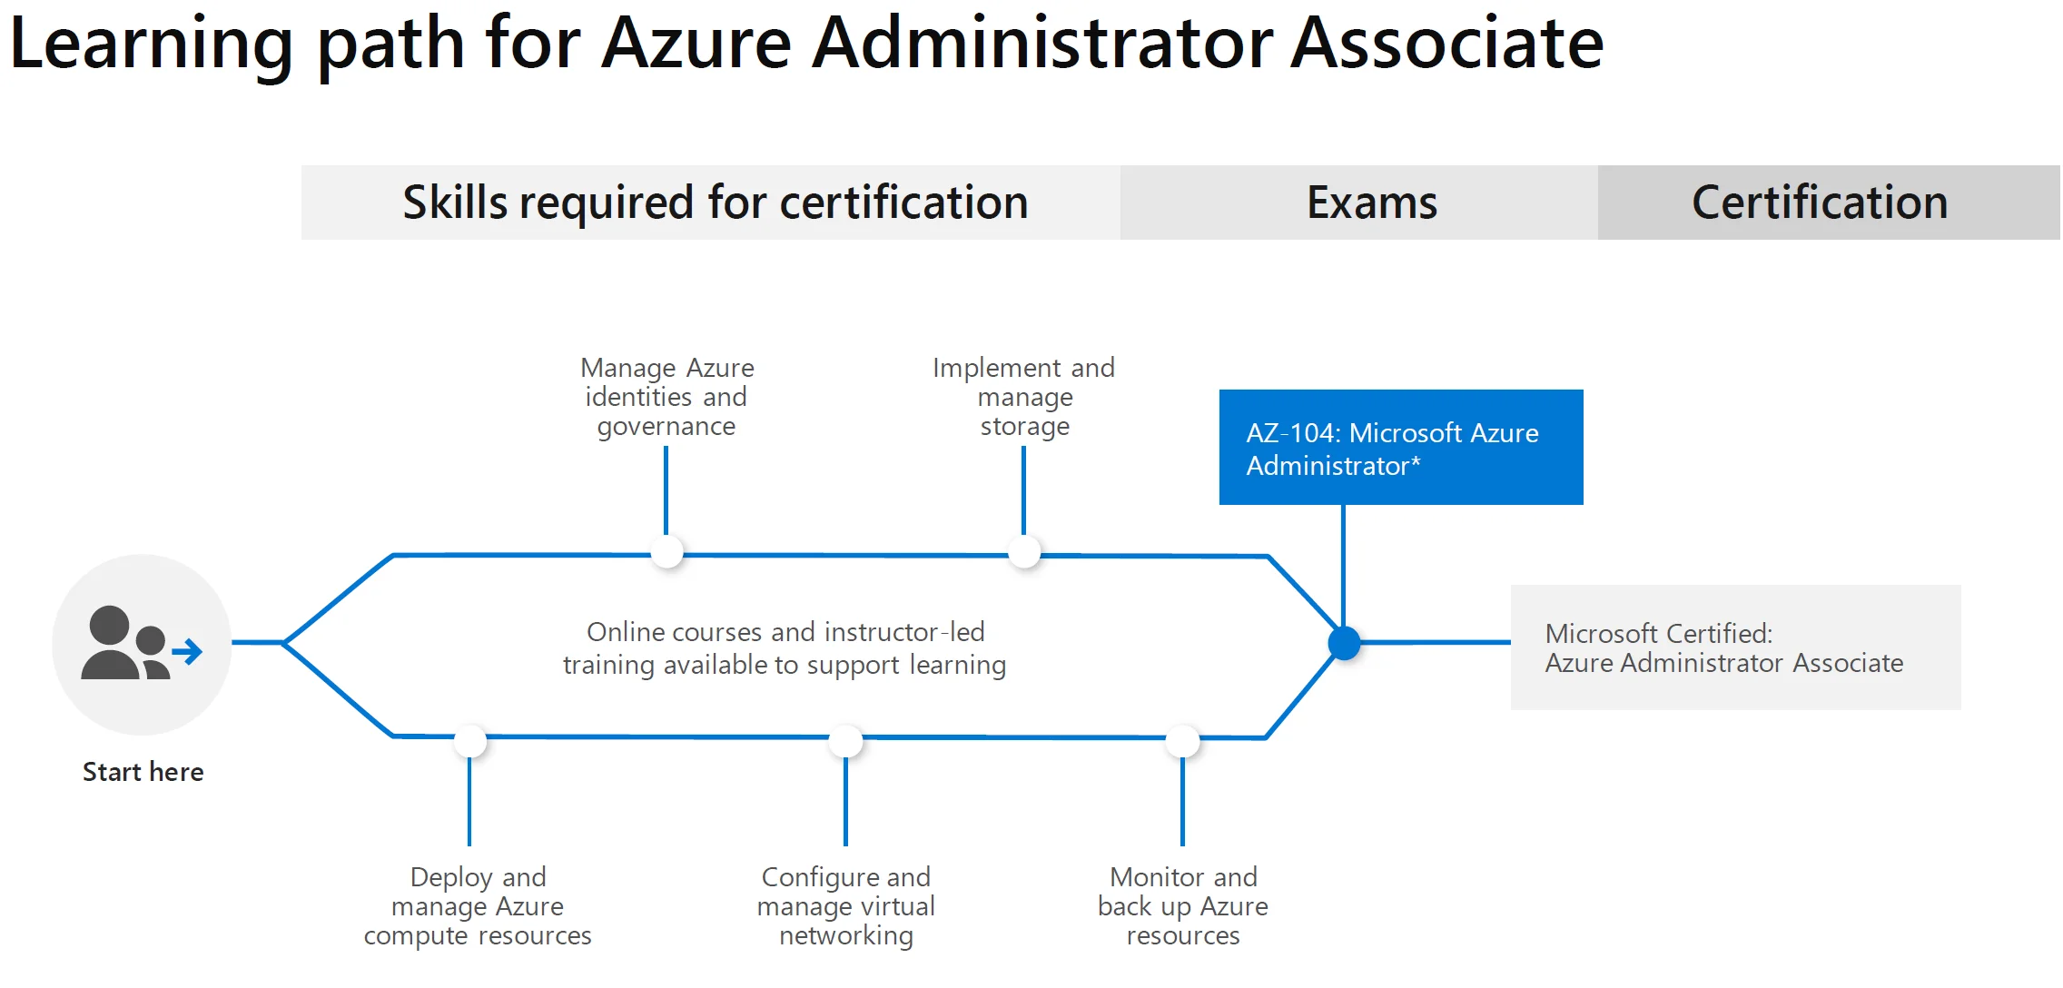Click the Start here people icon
142,644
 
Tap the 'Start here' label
143,772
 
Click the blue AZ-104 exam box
1401,447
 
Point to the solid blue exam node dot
1344,643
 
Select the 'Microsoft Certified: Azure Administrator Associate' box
1735,647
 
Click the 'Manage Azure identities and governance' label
667,397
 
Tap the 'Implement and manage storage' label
1024,397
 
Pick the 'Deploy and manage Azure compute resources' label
478,906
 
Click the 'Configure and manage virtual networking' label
846,906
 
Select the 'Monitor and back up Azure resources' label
1183,906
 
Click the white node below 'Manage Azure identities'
667,552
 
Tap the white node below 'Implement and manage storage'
1024,552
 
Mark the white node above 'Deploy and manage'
470,741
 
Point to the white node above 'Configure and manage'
846,741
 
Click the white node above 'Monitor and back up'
1183,741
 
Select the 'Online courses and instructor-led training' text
785,648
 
